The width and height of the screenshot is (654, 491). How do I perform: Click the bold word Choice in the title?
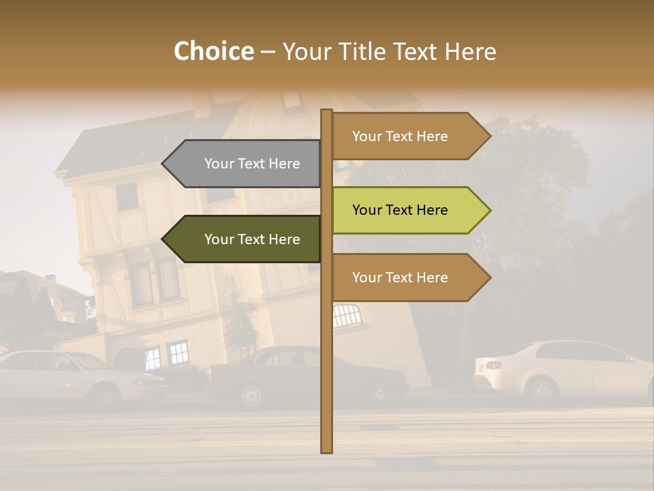tap(213, 52)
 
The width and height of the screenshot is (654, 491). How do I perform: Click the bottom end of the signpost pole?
tap(327, 450)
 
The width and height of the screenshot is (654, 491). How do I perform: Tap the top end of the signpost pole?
tap(327, 111)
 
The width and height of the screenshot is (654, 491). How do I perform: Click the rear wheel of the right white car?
tap(542, 391)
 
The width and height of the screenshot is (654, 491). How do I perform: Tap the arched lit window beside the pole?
tap(346, 315)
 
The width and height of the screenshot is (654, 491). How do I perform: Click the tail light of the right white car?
tap(493, 366)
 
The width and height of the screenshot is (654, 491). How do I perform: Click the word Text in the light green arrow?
tap(400, 210)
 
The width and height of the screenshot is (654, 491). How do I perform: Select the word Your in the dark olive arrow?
tap(219, 239)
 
